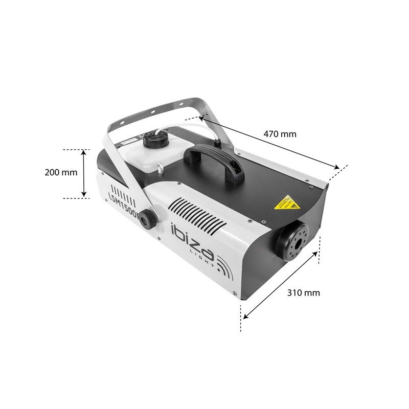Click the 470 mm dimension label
click(x=280, y=134)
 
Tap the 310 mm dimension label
click(x=303, y=293)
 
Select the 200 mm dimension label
click(x=61, y=172)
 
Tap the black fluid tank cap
click(x=153, y=138)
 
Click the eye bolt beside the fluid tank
click(x=162, y=167)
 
